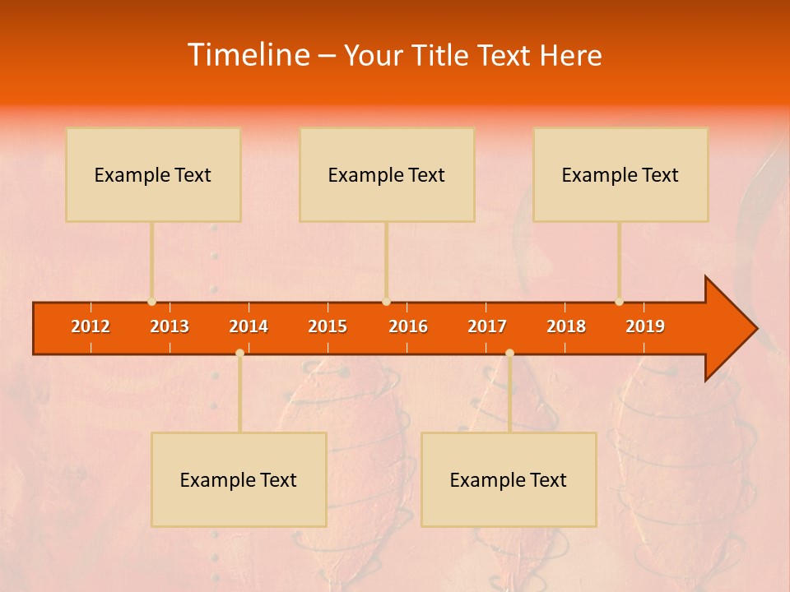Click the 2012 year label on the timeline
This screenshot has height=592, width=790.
click(91, 326)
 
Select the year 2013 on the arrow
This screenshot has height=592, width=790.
click(170, 326)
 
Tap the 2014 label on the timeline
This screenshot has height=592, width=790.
click(249, 326)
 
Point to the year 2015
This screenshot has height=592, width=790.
click(328, 326)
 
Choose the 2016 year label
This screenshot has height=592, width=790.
click(408, 326)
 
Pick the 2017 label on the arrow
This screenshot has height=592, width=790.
click(487, 326)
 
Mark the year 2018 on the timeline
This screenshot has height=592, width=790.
click(566, 326)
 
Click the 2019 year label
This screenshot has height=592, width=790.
click(645, 326)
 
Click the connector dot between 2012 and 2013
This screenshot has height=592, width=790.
click(151, 302)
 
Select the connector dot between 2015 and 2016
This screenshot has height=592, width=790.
click(386, 302)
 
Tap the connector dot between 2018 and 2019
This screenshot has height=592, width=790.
click(619, 302)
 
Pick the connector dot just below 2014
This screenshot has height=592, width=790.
click(239, 353)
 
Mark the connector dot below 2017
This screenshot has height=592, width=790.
click(509, 353)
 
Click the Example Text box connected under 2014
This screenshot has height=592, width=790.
click(239, 479)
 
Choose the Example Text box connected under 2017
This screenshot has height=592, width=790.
click(509, 479)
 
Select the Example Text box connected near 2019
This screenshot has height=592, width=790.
click(620, 174)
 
